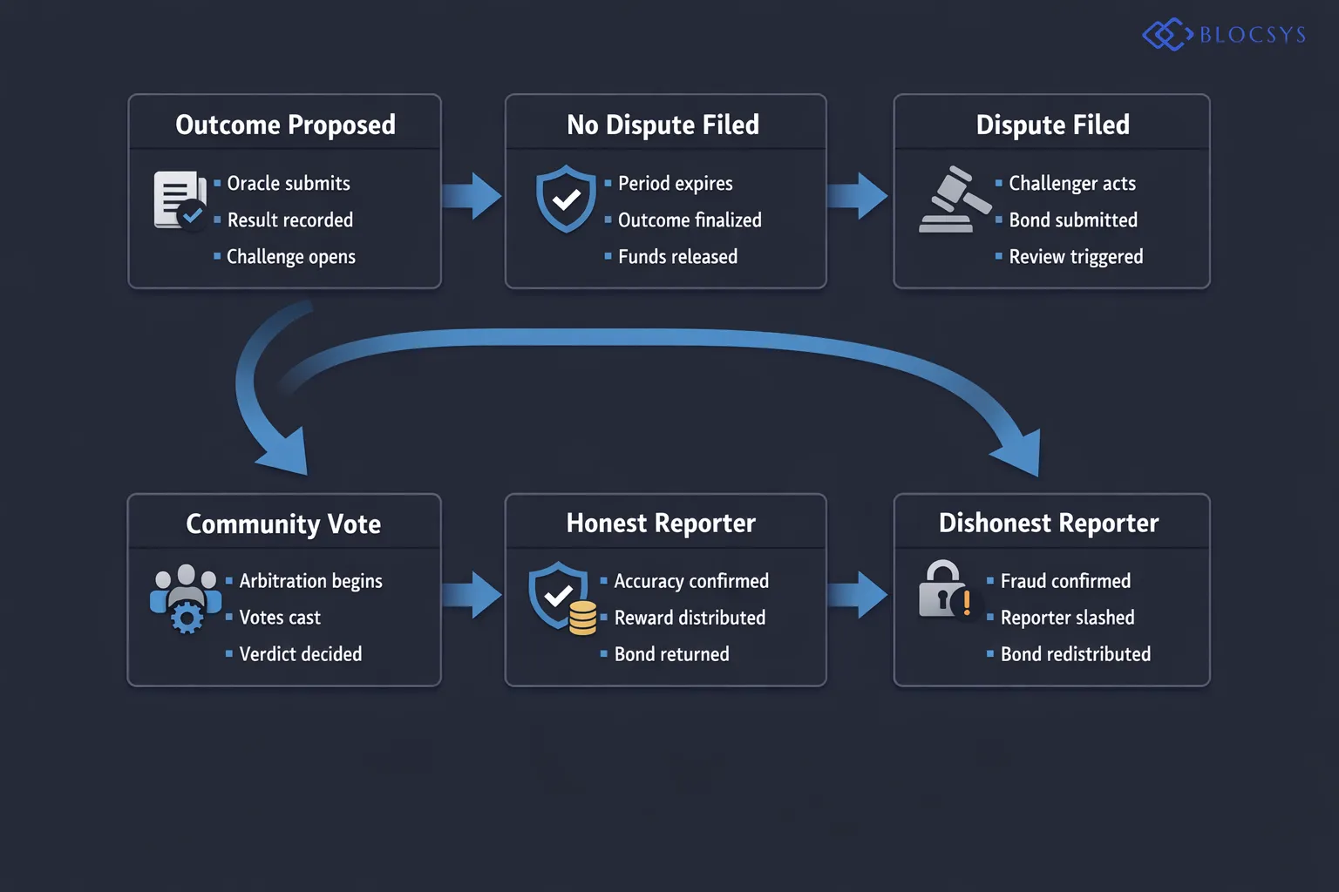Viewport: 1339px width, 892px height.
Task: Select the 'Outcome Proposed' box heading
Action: (x=285, y=125)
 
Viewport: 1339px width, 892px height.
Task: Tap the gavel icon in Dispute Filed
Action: (x=954, y=199)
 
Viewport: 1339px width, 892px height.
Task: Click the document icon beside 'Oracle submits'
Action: (x=179, y=199)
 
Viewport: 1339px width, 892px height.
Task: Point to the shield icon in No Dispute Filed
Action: (x=566, y=199)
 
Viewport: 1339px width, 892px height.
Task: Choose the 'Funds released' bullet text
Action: (x=677, y=257)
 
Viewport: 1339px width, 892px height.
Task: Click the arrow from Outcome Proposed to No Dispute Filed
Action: (x=472, y=196)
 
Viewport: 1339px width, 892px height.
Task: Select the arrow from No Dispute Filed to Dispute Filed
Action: (x=859, y=196)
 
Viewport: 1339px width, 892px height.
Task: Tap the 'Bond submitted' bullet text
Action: (x=1072, y=220)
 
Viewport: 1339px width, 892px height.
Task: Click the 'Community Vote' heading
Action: (x=283, y=524)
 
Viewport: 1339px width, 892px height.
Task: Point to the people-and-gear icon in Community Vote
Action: (x=186, y=598)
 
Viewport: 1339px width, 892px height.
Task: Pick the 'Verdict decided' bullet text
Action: (x=300, y=654)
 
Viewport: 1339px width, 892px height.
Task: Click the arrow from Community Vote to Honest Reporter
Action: (x=472, y=595)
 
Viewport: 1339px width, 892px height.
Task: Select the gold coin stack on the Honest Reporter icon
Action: (x=582, y=618)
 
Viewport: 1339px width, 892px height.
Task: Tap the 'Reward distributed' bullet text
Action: (x=690, y=618)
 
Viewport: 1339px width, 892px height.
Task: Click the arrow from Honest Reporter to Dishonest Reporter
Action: (x=859, y=595)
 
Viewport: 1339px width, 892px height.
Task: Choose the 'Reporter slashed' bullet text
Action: (x=1067, y=618)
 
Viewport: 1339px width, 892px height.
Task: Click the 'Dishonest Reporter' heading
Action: (x=1049, y=524)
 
